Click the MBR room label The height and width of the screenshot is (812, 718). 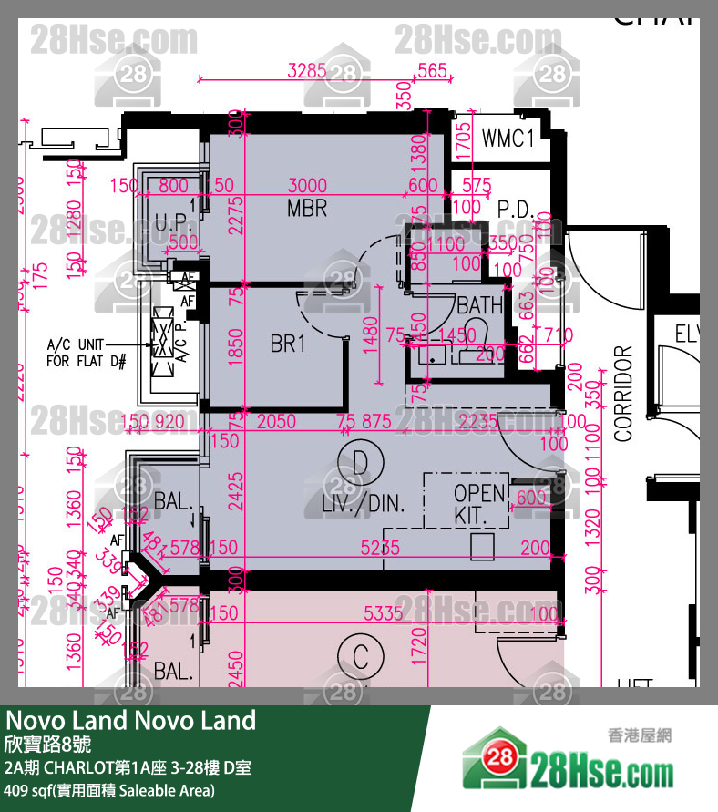point(306,209)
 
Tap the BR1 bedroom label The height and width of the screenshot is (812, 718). point(288,344)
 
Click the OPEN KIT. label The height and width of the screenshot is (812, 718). point(479,505)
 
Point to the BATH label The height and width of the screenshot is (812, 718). point(479,304)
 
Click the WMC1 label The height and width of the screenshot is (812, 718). point(508,139)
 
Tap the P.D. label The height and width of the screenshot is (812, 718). point(514,209)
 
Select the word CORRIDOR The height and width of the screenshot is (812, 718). point(623,394)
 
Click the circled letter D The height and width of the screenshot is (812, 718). point(361,462)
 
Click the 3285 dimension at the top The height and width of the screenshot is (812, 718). point(306,71)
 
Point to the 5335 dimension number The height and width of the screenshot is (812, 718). point(383,613)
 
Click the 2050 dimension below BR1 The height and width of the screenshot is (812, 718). point(276,421)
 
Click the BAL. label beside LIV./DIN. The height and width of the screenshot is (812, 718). point(172,500)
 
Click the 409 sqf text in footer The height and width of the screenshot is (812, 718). point(109,790)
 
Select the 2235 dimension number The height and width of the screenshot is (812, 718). point(478,421)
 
